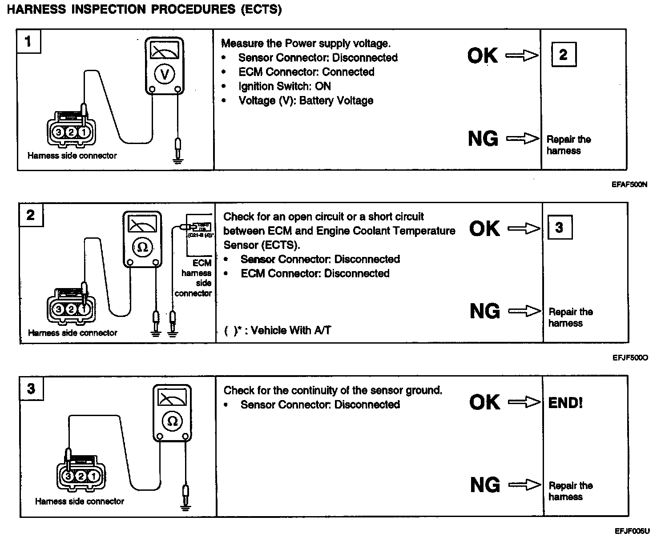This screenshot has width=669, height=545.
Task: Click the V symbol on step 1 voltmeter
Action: coord(165,75)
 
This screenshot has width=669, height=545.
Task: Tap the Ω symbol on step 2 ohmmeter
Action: coord(142,248)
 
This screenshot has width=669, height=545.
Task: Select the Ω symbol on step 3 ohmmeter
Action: coord(173,421)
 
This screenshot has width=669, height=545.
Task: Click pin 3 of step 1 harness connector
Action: coord(58,132)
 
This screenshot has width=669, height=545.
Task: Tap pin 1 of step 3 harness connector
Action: coord(94,477)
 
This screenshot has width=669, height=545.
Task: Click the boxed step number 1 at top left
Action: coord(28,42)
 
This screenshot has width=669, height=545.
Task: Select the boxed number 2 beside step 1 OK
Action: coord(563,55)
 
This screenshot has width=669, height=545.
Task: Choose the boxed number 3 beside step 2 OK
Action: coord(559,228)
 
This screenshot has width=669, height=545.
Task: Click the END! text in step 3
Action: coord(565,403)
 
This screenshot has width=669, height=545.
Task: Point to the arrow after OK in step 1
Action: coord(522,56)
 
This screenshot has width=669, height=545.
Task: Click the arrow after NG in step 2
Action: coord(524,311)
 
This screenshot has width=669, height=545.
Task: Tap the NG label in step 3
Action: coord(484,485)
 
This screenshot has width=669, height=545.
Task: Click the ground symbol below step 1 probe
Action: coord(178,160)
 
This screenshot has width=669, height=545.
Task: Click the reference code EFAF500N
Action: coord(629,184)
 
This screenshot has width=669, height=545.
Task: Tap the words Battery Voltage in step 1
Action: coord(336,100)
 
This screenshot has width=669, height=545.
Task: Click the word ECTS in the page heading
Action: coord(261,10)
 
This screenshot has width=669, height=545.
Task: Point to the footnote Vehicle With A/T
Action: coord(290,330)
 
